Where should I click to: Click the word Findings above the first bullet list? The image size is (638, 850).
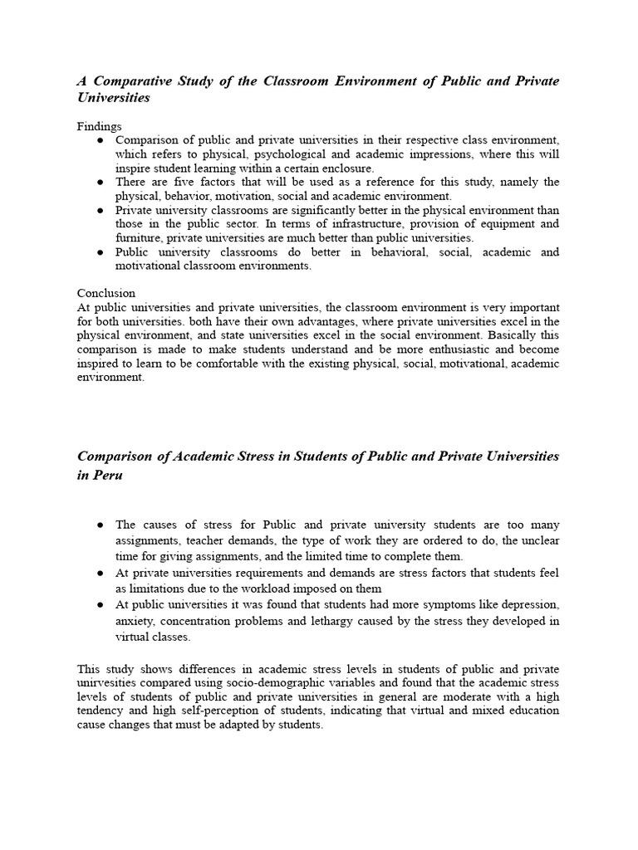99,126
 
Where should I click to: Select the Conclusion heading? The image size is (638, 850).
106,293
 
